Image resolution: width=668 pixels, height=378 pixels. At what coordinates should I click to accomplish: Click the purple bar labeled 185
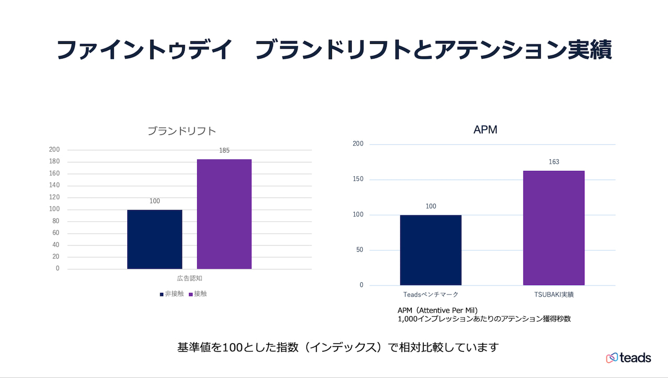tap(224, 214)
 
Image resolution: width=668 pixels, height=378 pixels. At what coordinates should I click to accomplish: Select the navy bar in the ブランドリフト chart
tap(154, 239)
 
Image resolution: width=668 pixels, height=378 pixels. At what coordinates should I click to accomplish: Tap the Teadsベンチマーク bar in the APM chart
tap(431, 250)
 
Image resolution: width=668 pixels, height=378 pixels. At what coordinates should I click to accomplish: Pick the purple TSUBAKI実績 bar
tap(554, 227)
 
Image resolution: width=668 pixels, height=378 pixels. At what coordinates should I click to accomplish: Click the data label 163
tap(554, 162)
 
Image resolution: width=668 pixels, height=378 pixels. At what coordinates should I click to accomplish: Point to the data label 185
tap(224, 151)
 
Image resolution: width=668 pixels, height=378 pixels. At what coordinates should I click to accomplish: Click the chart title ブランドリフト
tap(182, 131)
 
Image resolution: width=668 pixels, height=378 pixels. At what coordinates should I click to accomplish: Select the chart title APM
tap(485, 130)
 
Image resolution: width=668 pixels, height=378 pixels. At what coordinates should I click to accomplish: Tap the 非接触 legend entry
tap(172, 294)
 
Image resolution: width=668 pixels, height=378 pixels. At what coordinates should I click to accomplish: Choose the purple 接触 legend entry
tap(198, 294)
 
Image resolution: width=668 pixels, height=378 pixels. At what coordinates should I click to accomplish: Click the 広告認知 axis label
tap(186, 278)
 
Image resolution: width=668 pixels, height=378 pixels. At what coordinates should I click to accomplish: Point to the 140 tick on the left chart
tap(54, 185)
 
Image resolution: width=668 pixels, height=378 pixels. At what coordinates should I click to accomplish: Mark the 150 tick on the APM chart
tap(358, 179)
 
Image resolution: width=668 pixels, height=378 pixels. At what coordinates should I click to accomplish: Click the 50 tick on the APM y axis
tap(360, 250)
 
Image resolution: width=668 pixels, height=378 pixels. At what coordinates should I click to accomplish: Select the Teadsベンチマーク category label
tap(431, 295)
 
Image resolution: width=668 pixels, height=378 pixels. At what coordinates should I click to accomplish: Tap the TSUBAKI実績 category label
tap(554, 295)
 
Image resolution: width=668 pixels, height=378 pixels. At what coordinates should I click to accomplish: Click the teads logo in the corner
tap(628, 358)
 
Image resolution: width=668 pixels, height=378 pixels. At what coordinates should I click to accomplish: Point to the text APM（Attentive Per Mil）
tap(437, 310)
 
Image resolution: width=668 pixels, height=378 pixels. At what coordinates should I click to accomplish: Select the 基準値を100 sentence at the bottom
tap(338, 347)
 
